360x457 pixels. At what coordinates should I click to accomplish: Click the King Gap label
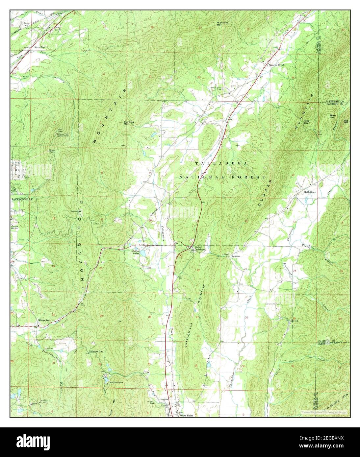307,122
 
